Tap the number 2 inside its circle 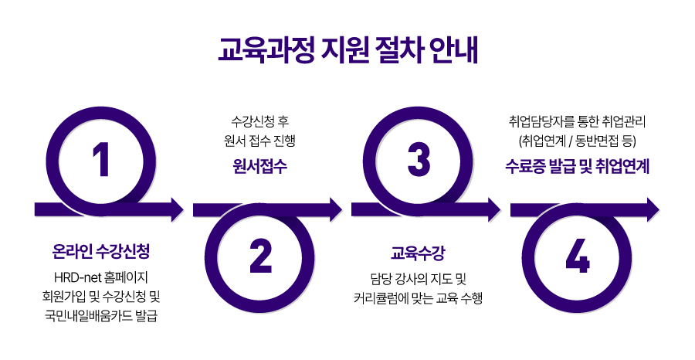pyautogui.click(x=259, y=257)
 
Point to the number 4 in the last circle pyautogui.click(x=578, y=257)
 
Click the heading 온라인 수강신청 pyautogui.click(x=100, y=252)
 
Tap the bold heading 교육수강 pyautogui.click(x=418, y=252)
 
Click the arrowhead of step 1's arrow pyautogui.click(x=177, y=209)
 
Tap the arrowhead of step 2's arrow pyautogui.click(x=335, y=209)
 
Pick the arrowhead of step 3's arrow pyautogui.click(x=494, y=209)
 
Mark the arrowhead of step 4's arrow pyautogui.click(x=653, y=209)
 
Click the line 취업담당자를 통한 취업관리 pyautogui.click(x=577, y=121)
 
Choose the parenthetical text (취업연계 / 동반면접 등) pyautogui.click(x=577, y=141)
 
